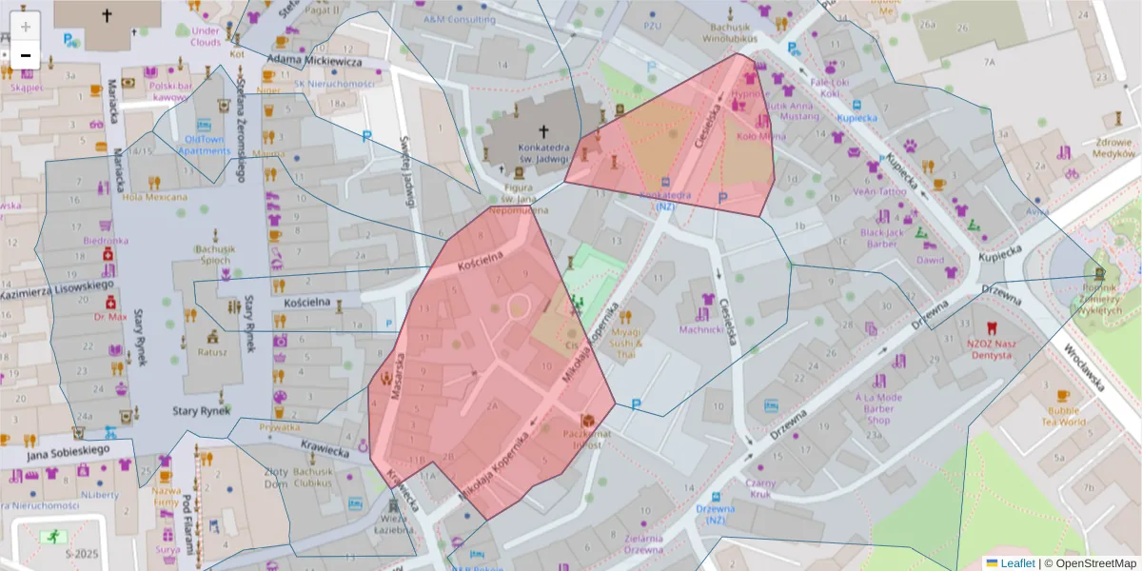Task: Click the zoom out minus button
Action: point(26,55)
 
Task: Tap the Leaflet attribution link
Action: point(1017,563)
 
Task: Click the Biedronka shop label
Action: point(106,241)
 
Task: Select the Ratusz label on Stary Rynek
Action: point(212,351)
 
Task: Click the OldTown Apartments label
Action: point(205,145)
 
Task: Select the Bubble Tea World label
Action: point(1063,415)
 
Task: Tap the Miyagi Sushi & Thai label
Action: point(625,344)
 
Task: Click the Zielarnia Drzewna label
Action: point(643,544)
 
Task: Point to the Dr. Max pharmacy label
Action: point(110,316)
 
